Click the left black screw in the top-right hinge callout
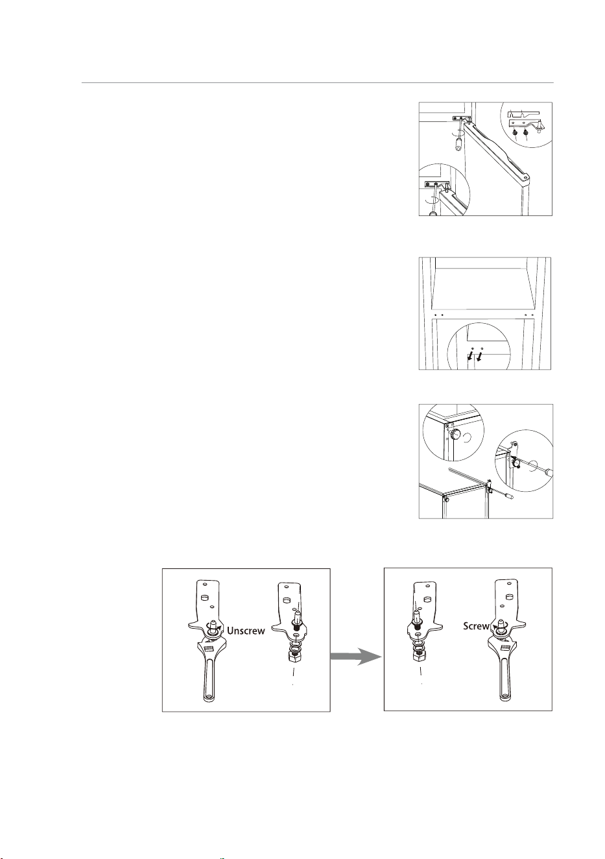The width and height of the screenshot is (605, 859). pos(516,133)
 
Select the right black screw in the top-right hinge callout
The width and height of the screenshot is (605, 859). pos(526,133)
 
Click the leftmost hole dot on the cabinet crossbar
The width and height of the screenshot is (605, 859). pos(436,315)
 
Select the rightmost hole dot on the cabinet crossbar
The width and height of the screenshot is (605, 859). pos(532,315)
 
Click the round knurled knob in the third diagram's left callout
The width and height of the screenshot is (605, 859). pos(455,435)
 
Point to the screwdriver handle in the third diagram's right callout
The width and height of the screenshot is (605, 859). pos(549,471)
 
